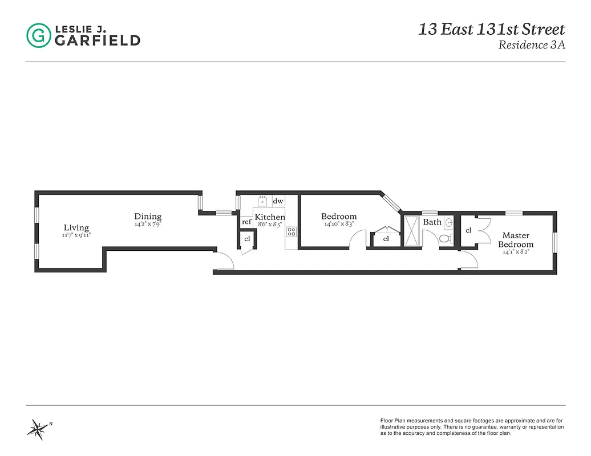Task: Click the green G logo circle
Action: (39, 35)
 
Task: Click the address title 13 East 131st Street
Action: (491, 29)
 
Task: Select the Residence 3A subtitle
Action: (531, 45)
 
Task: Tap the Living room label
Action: (76, 227)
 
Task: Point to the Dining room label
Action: (148, 216)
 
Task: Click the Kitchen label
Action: (270, 217)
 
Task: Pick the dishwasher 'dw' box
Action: (278, 201)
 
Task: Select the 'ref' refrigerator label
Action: (246, 222)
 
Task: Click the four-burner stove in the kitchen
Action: (292, 231)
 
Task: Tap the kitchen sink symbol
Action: (262, 201)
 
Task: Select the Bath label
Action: (432, 222)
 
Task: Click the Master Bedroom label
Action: (516, 240)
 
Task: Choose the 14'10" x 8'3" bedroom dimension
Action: (339, 224)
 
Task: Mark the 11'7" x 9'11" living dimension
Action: (76, 235)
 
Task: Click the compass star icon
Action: (39, 427)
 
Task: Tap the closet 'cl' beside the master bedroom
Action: (468, 230)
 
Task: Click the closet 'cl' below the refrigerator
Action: (247, 239)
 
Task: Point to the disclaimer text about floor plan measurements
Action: (472, 427)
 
